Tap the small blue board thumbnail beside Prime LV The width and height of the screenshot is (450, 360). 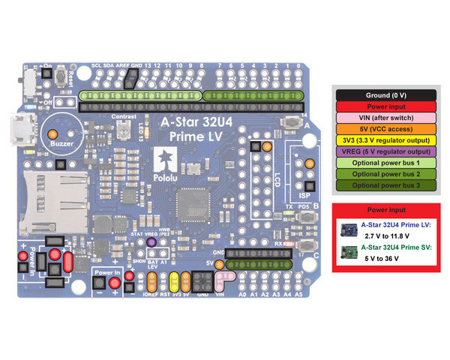(350, 229)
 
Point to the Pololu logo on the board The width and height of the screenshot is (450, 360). (163, 158)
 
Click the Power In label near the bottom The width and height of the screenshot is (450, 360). (106, 274)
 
